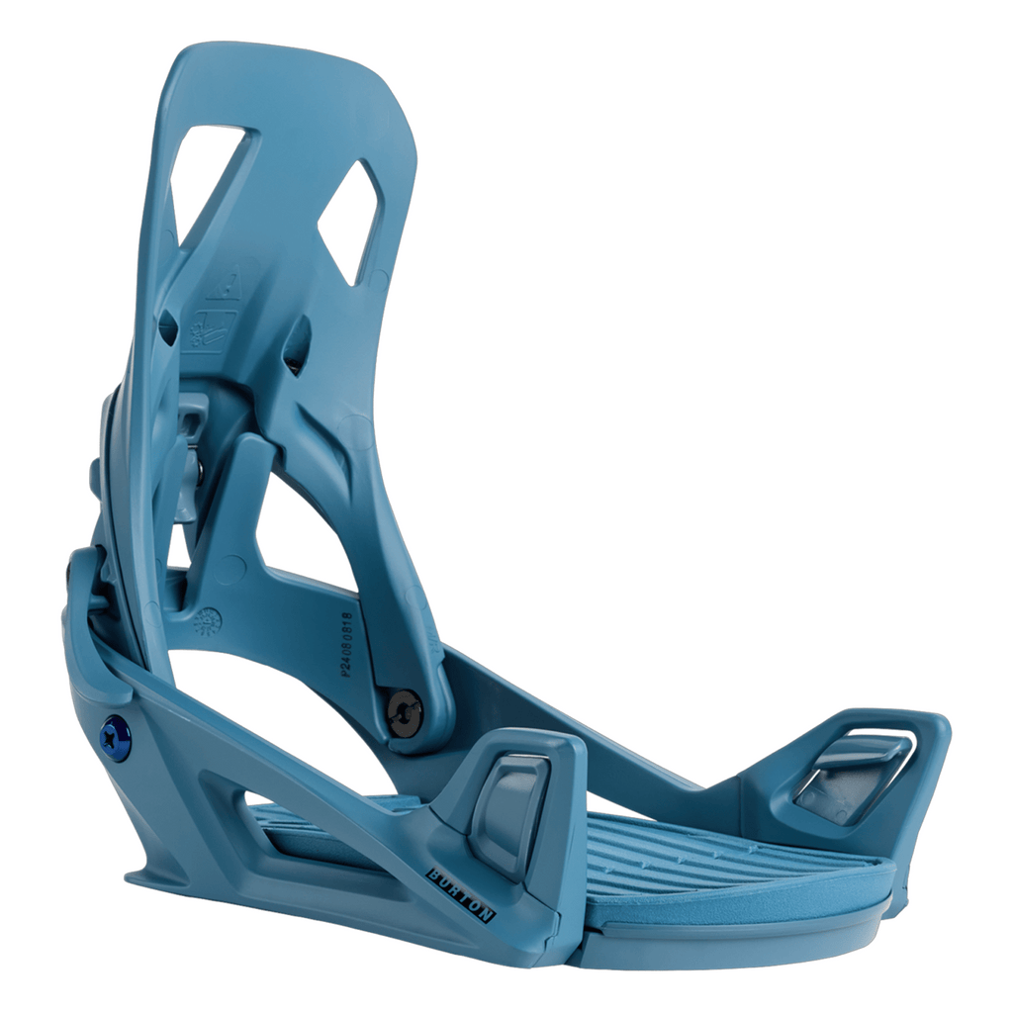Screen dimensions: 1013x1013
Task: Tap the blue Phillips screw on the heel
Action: pyautogui.click(x=115, y=733)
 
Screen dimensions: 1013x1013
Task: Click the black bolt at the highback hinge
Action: pyautogui.click(x=404, y=711)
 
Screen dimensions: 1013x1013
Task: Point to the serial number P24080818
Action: pyautogui.click(x=344, y=642)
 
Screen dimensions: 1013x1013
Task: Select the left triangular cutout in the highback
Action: pyautogui.click(x=205, y=173)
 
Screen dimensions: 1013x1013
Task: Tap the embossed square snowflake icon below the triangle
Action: pyautogui.click(x=210, y=326)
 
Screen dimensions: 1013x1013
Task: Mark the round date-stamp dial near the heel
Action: pyautogui.click(x=208, y=621)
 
